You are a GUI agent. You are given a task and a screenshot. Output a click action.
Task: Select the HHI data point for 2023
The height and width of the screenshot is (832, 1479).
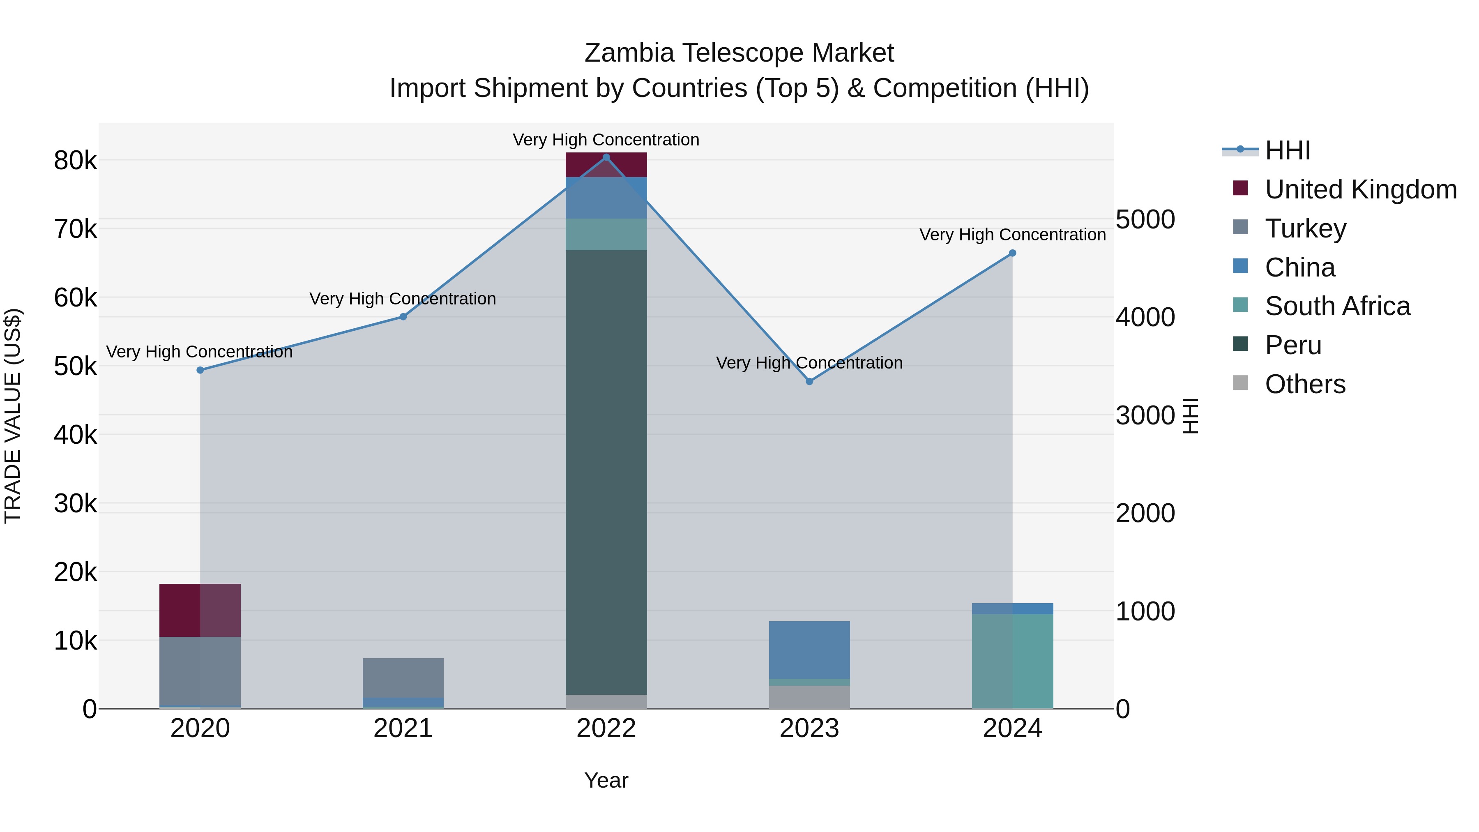(809, 381)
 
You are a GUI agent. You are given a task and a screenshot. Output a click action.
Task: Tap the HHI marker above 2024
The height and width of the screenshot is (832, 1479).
(1012, 253)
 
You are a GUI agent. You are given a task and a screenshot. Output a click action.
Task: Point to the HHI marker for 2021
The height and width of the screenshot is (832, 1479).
(403, 317)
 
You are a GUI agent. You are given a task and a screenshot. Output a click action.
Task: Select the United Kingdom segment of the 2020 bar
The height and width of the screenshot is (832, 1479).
(200, 610)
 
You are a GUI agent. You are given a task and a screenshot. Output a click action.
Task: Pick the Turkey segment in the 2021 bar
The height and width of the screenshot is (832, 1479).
(403, 678)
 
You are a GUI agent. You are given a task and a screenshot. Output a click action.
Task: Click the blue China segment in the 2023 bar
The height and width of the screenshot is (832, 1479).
(809, 650)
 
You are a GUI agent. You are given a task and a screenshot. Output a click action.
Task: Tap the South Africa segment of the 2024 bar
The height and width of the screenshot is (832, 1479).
(1012, 660)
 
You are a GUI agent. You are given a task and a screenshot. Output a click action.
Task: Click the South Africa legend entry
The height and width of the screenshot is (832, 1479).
(1337, 306)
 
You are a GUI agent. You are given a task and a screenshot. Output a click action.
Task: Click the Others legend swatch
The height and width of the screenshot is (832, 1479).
(1240, 383)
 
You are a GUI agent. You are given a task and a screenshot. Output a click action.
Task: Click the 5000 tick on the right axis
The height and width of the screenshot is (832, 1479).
(1145, 220)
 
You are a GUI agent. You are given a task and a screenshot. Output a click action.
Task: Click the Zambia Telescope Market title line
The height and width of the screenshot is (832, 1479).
(739, 53)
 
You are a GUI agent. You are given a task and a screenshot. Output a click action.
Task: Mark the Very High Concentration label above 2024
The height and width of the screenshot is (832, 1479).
(1012, 235)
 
